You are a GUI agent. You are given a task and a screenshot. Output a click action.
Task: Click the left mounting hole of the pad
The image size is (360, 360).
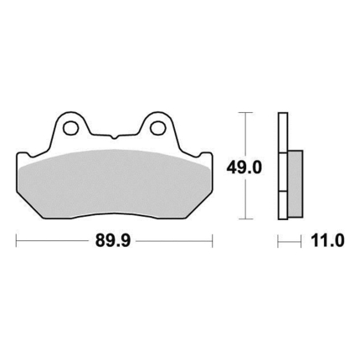tap(70, 128)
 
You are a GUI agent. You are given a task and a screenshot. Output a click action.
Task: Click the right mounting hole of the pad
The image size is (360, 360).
tap(157, 128)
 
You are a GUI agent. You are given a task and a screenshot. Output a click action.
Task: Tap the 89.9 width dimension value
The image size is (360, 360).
tap(113, 240)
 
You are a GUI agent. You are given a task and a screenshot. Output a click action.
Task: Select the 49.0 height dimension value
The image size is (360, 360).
tap(244, 167)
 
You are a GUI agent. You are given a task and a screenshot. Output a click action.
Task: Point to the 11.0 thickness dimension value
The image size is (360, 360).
tap(327, 240)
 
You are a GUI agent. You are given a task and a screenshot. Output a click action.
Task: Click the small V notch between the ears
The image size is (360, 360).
tap(114, 137)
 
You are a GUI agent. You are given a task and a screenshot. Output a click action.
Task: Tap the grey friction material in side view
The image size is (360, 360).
tap(296, 184)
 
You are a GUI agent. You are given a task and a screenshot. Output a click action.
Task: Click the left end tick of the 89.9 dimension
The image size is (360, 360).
tap(17, 240)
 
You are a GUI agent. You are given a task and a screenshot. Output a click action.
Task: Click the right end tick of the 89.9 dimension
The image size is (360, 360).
tap(213, 240)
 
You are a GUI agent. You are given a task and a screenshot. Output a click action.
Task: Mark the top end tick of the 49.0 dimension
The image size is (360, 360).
tap(245, 112)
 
